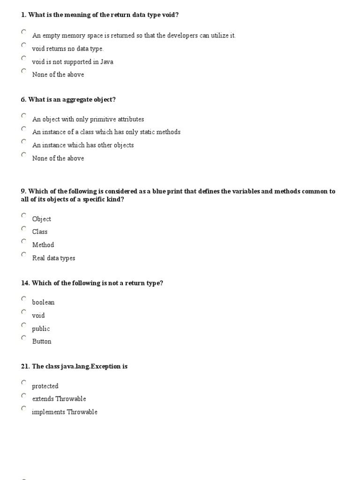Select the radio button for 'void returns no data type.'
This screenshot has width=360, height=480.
pyautogui.click(x=24, y=45)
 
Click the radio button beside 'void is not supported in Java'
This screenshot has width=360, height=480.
pyautogui.click(x=24, y=58)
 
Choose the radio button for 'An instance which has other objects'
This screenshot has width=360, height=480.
pyautogui.click(x=24, y=142)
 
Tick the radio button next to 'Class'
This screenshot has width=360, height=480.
pyautogui.click(x=24, y=228)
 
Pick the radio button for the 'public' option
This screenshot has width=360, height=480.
pyautogui.click(x=24, y=325)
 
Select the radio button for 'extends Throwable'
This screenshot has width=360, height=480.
pyautogui.click(x=24, y=395)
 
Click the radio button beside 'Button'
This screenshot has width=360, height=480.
pyautogui.click(x=24, y=337)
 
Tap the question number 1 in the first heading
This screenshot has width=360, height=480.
pyautogui.click(x=23, y=15)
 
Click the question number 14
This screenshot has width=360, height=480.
pyautogui.click(x=25, y=283)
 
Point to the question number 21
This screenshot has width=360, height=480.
pyautogui.click(x=25, y=366)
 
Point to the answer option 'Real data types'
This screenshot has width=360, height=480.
pyautogui.click(x=53, y=258)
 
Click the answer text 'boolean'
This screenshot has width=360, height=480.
pyautogui.click(x=43, y=302)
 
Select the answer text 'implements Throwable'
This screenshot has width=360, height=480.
pyautogui.click(x=65, y=412)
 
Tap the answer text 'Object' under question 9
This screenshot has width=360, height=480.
pyautogui.click(x=42, y=219)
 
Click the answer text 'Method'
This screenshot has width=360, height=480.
pyautogui.click(x=43, y=245)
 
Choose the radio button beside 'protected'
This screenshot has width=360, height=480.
pyautogui.click(x=24, y=382)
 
